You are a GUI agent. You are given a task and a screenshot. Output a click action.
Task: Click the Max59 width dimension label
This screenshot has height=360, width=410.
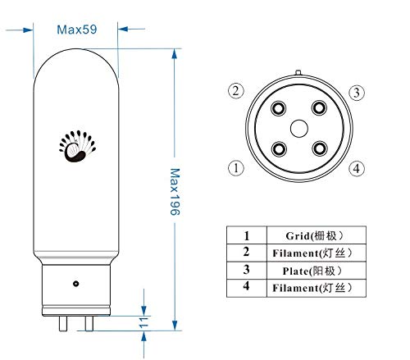pyautogui.click(x=77, y=30)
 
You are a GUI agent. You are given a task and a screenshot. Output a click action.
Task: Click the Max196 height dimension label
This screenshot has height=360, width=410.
pyautogui.click(x=175, y=192)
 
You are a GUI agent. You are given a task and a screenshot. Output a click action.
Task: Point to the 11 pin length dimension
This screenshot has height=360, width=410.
pyautogui.click(x=143, y=323)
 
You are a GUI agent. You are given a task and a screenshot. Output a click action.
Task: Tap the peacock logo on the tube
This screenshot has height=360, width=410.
pyautogui.click(x=77, y=146)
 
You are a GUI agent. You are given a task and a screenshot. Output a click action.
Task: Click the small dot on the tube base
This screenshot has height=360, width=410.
pyautogui.click(x=76, y=284)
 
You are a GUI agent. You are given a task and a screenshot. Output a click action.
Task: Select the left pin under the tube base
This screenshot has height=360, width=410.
pyautogui.click(x=63, y=323)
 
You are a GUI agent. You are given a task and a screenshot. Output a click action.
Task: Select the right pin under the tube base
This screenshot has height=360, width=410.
pyautogui.click(x=89, y=323)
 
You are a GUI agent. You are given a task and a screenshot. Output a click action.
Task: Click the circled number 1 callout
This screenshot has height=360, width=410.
pyautogui.click(x=236, y=168)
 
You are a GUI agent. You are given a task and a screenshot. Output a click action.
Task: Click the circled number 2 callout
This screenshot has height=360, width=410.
pyautogui.click(x=236, y=91)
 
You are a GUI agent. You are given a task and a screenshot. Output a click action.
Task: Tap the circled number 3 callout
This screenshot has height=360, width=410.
pyautogui.click(x=357, y=93)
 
